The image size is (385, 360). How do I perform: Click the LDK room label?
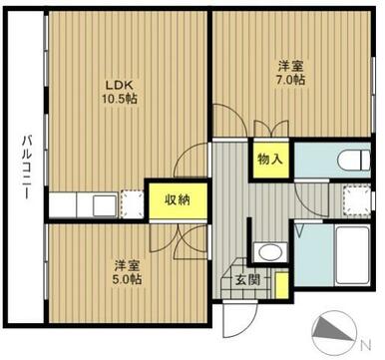click(x=119, y=85)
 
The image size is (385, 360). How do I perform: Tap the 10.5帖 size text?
click(x=121, y=99)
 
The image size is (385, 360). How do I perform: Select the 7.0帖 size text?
click(x=290, y=80)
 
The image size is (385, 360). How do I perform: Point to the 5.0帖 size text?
click(x=127, y=279)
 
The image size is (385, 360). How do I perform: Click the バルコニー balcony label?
click(x=26, y=167)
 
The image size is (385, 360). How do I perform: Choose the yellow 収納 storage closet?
click(x=178, y=200)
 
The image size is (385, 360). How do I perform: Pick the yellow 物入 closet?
click(x=270, y=160)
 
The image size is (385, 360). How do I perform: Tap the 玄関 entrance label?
click(x=247, y=281)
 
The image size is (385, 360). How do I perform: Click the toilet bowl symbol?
click(x=354, y=160)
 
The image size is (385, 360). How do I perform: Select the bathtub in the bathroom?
click(x=352, y=255)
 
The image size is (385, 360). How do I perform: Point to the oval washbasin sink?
click(x=269, y=252)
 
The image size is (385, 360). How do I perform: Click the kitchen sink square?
click(x=105, y=206)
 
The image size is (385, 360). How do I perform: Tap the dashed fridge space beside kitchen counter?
click(x=132, y=204)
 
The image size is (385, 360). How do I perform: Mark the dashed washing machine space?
click(x=357, y=200)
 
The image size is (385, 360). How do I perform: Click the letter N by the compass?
click(x=366, y=344)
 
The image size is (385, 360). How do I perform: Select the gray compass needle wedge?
click(x=329, y=329)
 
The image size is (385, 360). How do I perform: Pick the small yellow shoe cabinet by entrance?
click(x=282, y=285)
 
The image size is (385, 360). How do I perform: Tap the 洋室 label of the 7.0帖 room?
click(x=290, y=67)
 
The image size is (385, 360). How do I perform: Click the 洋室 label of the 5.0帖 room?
click(x=127, y=266)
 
